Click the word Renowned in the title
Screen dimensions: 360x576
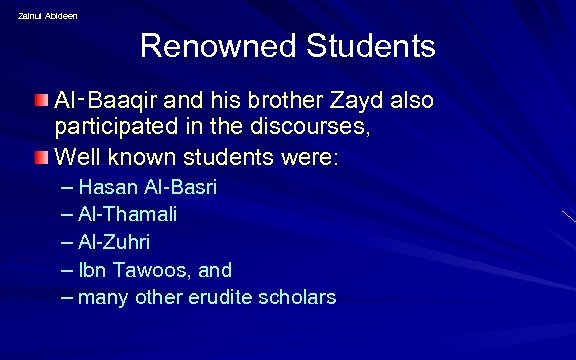(208, 47)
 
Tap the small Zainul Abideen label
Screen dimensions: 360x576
(47, 15)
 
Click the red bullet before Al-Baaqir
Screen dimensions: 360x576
(41, 101)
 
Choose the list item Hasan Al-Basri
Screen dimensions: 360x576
(147, 187)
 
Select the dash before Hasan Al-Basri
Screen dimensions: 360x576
(66, 187)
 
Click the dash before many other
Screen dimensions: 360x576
(66, 297)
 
